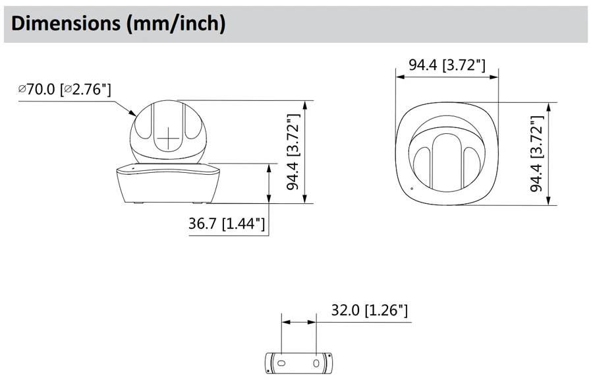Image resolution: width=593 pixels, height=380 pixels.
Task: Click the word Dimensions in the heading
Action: (65, 23)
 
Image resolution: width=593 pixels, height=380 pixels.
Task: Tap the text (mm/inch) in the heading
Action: (175, 24)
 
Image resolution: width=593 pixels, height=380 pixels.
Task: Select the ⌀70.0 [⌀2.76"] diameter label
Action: (65, 90)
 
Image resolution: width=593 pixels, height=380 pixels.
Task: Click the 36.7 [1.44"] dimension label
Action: (227, 224)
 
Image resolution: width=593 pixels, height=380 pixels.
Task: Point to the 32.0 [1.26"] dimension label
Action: (370, 311)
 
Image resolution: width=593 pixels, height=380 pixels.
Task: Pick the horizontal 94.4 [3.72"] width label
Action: (447, 65)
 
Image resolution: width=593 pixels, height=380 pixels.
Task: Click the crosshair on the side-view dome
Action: (168, 139)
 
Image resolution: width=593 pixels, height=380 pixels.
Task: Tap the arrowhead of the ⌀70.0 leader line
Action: (132, 113)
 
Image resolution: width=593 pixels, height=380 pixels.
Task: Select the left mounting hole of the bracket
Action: (281, 363)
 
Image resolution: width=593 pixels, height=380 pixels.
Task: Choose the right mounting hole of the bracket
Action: (316, 364)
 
